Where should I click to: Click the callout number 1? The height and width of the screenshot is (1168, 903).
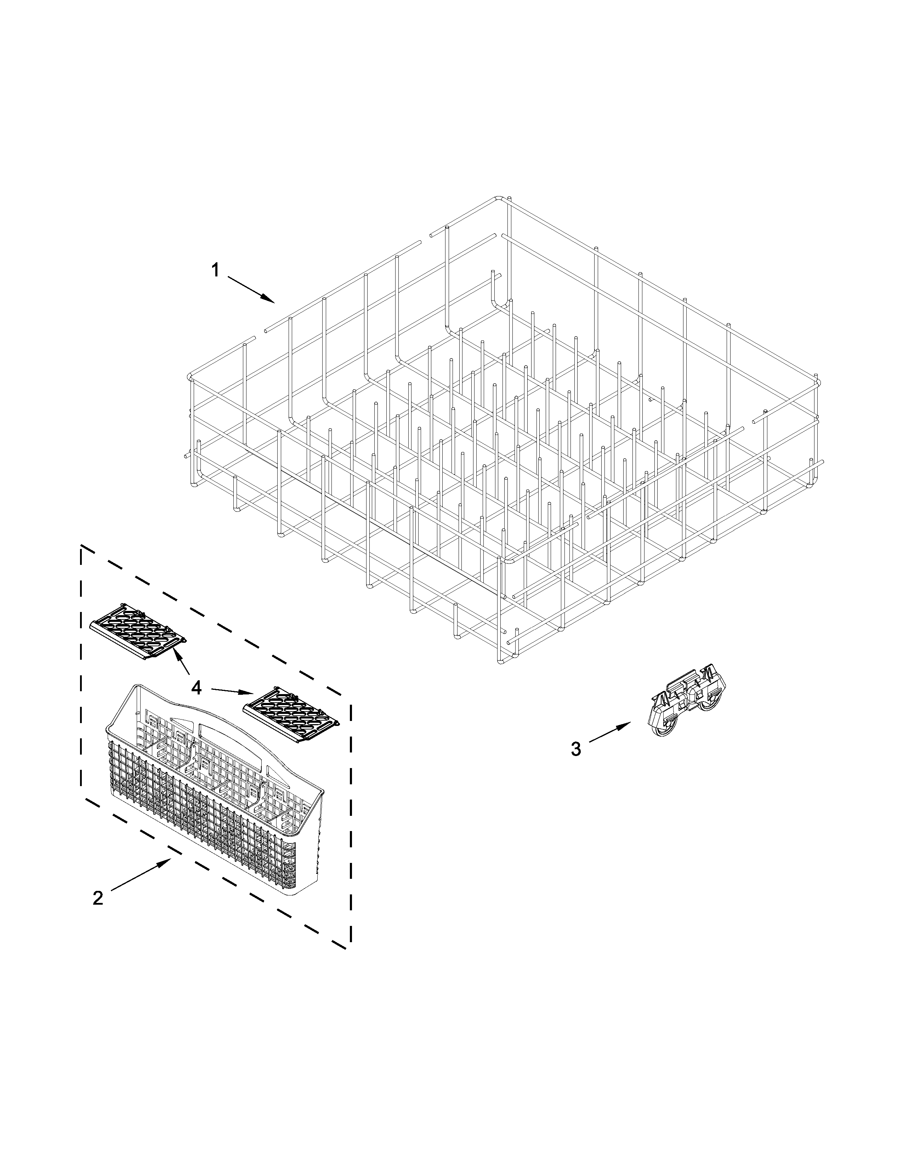pyautogui.click(x=215, y=271)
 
